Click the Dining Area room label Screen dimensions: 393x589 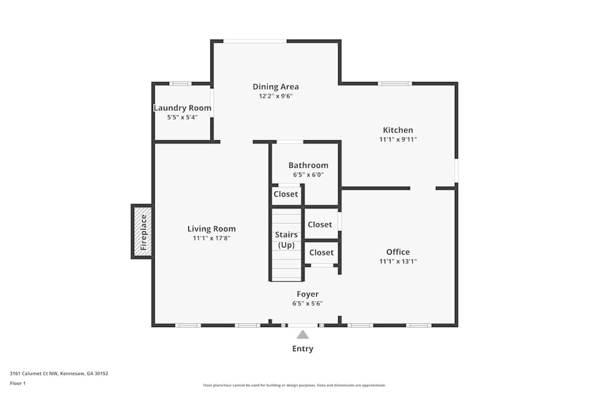[276, 87]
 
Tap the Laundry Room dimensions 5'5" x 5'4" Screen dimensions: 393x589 [183, 117]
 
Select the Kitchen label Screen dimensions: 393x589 [398, 130]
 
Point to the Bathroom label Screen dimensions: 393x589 [308, 165]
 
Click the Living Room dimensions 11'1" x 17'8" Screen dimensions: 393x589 [211, 239]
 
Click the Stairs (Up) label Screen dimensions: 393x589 [286, 240]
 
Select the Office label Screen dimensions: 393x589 [398, 252]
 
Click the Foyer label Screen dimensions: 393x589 [307, 294]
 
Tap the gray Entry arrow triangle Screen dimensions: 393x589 [303, 335]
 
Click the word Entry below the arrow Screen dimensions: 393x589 [303, 349]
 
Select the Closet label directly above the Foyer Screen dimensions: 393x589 [322, 252]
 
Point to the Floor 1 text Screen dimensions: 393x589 [18, 383]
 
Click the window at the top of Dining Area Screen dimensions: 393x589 [255, 41]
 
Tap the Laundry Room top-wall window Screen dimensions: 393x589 [180, 84]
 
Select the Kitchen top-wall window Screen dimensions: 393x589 [395, 84]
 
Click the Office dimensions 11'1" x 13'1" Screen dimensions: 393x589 [398, 261]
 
